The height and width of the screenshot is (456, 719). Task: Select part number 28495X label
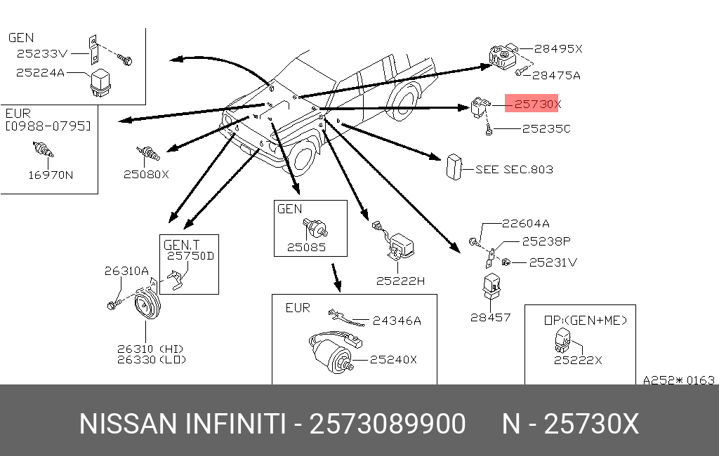pyautogui.click(x=558, y=49)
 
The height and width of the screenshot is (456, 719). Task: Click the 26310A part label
pyautogui.click(x=126, y=270)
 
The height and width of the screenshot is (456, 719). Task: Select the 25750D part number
pyautogui.click(x=190, y=256)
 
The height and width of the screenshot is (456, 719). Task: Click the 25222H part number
pyautogui.click(x=400, y=281)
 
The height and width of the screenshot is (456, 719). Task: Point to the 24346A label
pyautogui.click(x=397, y=321)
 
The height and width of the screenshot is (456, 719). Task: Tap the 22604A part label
pyautogui.click(x=525, y=224)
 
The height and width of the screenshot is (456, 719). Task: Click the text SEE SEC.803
pyautogui.click(x=514, y=169)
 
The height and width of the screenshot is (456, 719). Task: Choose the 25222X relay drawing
pyautogui.click(x=562, y=339)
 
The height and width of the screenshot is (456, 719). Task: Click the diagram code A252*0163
pyautogui.click(x=678, y=380)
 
